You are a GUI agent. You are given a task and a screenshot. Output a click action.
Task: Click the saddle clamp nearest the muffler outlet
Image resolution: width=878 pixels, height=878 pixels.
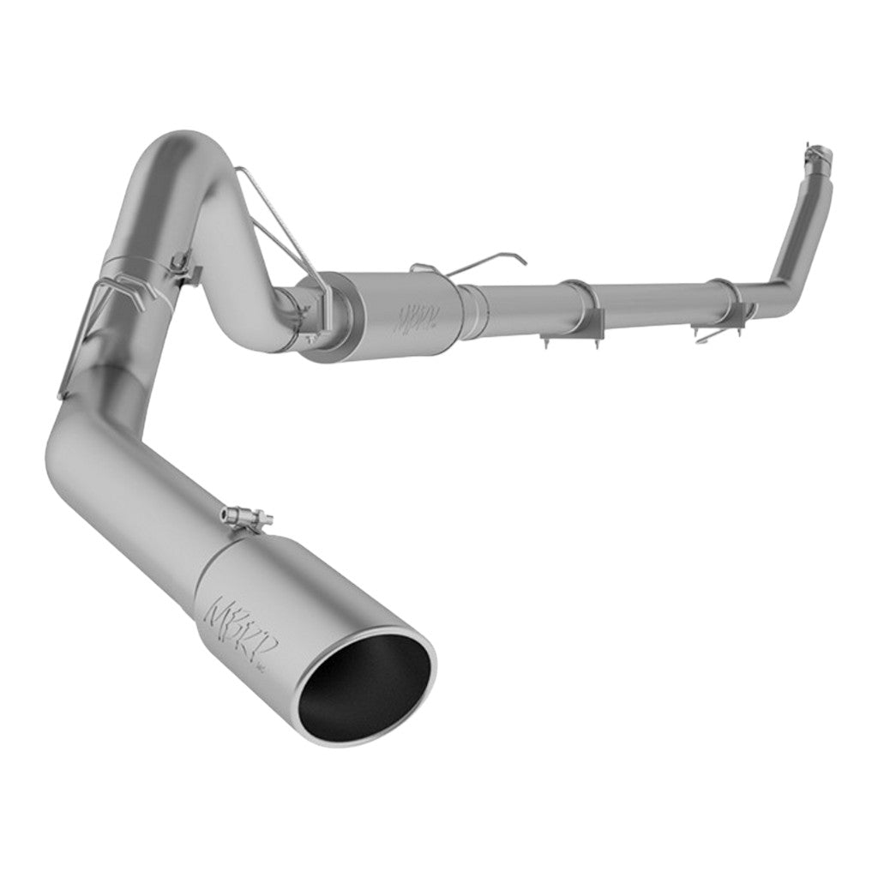click(583, 304)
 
